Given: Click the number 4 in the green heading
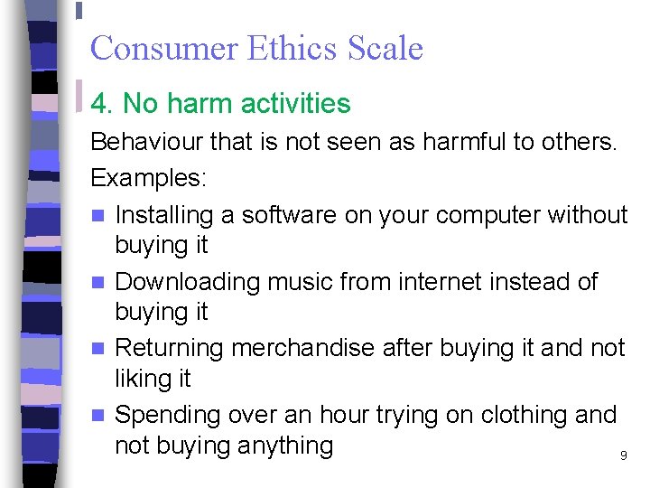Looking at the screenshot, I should click(x=99, y=104).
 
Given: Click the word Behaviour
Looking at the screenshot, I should click(x=147, y=142).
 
